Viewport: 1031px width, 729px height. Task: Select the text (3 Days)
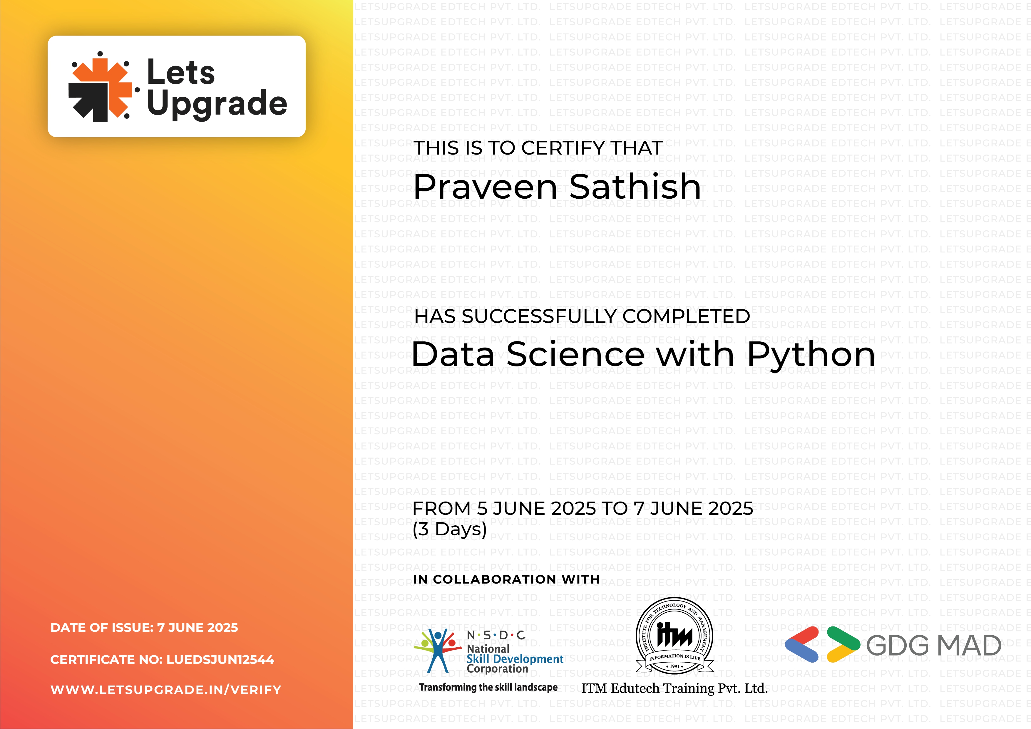(449, 529)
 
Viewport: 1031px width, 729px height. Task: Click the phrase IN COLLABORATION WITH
(506, 579)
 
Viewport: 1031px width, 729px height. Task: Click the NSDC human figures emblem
(437, 650)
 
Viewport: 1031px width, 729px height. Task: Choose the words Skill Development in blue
(515, 659)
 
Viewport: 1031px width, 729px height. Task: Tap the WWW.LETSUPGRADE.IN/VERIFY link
(166, 690)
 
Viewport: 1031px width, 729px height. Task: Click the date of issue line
(144, 628)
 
